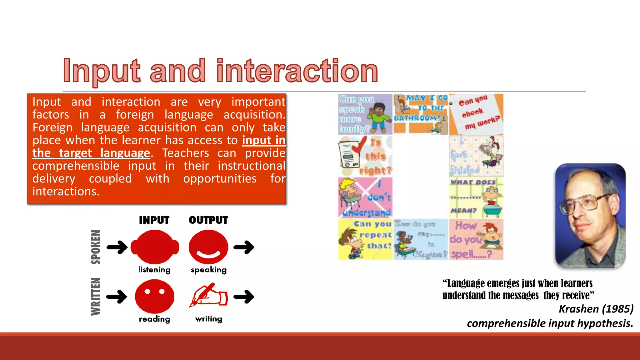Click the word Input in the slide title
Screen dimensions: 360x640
tap(102, 71)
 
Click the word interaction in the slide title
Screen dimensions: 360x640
tap(297, 71)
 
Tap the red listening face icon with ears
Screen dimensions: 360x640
tap(155, 247)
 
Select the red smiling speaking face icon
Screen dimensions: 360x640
tap(208, 247)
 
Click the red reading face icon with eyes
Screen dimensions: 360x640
tap(154, 296)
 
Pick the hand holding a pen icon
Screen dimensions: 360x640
tap(208, 295)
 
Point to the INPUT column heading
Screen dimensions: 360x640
tap(154, 220)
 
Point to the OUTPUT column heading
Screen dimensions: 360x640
tap(208, 220)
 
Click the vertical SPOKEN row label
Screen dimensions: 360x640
tap(96, 247)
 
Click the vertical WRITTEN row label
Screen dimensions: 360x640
tap(96, 296)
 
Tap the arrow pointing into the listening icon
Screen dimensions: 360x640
tap(117, 247)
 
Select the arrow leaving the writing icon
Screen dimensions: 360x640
tap(244, 297)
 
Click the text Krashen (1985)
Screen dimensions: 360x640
tap(596, 309)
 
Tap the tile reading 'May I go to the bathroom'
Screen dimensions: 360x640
tap(421, 114)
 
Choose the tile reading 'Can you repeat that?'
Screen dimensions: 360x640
tap(365, 239)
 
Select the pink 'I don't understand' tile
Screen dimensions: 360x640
tap(365, 197)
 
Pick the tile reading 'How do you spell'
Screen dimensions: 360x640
tap(476, 239)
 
